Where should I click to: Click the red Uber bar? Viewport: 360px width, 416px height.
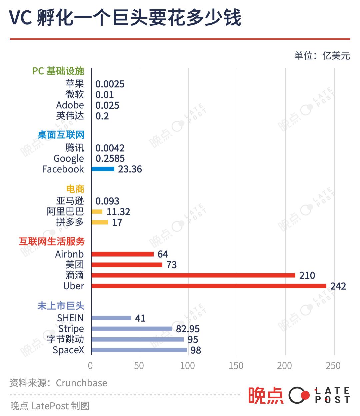tap(209, 286)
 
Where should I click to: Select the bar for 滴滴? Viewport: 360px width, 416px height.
tap(193, 275)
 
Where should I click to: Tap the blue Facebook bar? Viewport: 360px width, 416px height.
tap(103, 169)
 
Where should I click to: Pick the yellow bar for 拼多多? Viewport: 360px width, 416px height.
tap(100, 222)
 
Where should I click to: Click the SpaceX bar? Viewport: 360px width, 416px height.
tap(139, 350)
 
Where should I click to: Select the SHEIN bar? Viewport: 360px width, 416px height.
tap(111, 318)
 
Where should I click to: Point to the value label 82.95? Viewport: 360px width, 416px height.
tap(188, 329)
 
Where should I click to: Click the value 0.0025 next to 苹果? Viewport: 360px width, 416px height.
tap(110, 84)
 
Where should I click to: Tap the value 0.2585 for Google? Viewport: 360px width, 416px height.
tap(110, 158)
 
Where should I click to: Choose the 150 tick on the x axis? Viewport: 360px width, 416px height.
tap(236, 366)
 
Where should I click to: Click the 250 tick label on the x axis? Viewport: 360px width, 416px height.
tap(333, 366)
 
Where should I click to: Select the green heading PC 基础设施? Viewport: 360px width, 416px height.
tap(58, 71)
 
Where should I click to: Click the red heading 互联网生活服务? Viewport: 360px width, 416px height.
tap(52, 242)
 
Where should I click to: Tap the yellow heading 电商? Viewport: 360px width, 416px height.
tap(75, 189)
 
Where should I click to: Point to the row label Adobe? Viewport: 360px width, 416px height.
tap(70, 105)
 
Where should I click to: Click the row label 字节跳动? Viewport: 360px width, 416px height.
tap(65, 339)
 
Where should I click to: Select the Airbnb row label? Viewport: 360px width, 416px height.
tap(69, 254)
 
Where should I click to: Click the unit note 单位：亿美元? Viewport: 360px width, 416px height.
tap(322, 55)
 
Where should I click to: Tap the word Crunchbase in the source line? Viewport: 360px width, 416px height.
tap(82, 383)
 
